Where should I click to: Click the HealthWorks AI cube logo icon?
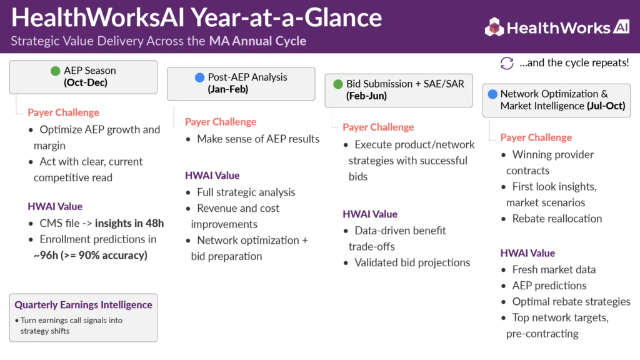pos(494,27)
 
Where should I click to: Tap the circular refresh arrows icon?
pos(507,63)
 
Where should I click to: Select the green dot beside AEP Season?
pos(56,71)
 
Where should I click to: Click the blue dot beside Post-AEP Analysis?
pos(199,77)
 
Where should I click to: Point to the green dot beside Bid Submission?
pos(338,84)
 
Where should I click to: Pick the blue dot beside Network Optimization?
pos(492,94)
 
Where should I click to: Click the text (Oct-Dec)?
pos(85,82)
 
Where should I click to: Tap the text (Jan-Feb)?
pos(227,89)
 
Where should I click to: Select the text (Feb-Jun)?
pos(366,96)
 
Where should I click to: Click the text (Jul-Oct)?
pos(606,106)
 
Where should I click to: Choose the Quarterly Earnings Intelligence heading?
pos(83,305)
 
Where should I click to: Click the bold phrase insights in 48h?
pos(129,223)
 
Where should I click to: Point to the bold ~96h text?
pos(46,256)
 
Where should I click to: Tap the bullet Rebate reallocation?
pos(557,219)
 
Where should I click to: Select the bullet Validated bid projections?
pos(412,263)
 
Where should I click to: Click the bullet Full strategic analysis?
pos(246,192)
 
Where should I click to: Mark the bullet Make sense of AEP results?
pos(258,139)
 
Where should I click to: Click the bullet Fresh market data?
pos(554,270)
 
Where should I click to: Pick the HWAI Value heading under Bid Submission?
pos(370,214)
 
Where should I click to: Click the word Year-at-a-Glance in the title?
pos(286,18)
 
